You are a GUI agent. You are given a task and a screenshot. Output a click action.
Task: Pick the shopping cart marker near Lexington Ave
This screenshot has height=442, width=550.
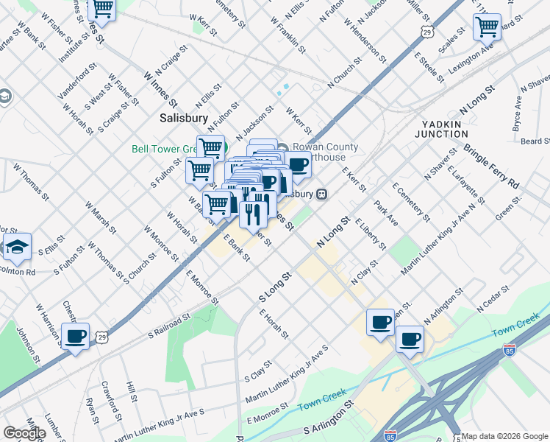487,27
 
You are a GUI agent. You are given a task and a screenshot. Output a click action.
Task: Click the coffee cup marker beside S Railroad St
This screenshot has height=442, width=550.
75,337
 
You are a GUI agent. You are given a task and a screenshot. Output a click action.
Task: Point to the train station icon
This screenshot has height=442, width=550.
321,194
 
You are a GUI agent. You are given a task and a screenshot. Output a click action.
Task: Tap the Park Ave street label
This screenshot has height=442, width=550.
386,211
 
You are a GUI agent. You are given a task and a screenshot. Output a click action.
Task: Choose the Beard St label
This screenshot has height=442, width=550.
536,141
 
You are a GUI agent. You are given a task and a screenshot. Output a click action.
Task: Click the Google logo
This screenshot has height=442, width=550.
24,433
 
